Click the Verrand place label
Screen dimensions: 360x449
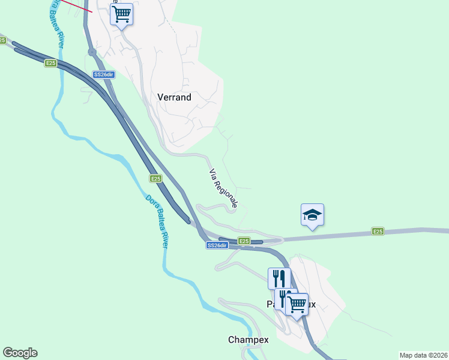coord(174,97)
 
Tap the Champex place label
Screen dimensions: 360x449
coord(248,340)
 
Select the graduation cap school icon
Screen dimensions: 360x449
coord(312,215)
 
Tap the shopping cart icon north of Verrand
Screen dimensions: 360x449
coord(122,13)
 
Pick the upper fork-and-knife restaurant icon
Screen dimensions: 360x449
coord(279,278)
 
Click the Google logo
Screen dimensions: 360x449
coord(20,353)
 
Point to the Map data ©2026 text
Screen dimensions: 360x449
coord(423,355)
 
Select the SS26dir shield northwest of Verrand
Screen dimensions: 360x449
coord(103,74)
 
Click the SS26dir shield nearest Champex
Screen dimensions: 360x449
coord(217,245)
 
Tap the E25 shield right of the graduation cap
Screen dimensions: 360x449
coord(378,231)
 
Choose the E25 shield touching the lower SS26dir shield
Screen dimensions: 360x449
coord(243,241)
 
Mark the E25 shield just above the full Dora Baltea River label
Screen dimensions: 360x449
coord(155,178)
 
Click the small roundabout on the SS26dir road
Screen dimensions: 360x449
coord(92,52)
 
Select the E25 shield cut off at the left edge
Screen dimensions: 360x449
coord(2,40)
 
